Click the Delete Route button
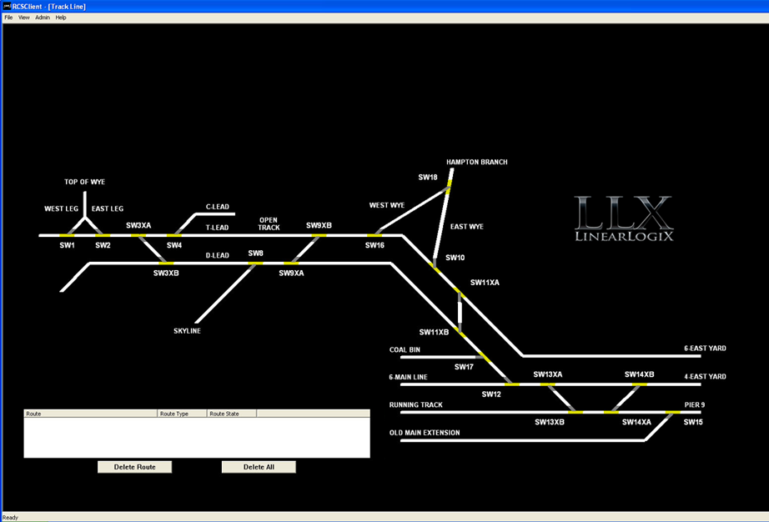(x=134, y=467)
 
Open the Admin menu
(x=43, y=18)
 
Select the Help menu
(x=61, y=18)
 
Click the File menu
(x=8, y=18)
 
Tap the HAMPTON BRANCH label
(x=476, y=162)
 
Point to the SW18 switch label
(x=428, y=177)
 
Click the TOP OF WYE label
(x=85, y=182)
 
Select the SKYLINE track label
(x=187, y=331)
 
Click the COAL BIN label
(x=405, y=350)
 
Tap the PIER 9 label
(x=695, y=405)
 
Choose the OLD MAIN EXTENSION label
(x=425, y=433)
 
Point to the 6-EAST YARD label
(x=705, y=349)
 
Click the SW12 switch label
(x=491, y=394)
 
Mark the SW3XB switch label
(x=166, y=273)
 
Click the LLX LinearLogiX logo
(x=623, y=218)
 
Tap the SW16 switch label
(x=374, y=245)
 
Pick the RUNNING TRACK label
(x=416, y=405)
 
